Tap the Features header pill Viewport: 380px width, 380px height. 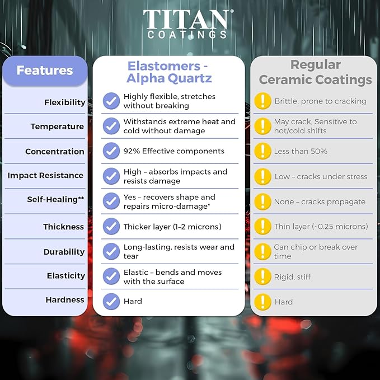click(x=45, y=71)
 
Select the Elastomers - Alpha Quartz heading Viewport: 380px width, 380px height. click(x=169, y=72)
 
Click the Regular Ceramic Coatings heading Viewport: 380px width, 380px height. click(x=315, y=72)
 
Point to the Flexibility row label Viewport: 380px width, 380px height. click(x=65, y=102)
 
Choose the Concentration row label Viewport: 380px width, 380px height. click(x=55, y=152)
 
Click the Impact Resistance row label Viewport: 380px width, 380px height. click(x=45, y=175)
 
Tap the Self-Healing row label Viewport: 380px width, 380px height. click(x=55, y=199)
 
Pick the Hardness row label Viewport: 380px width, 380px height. click(x=65, y=300)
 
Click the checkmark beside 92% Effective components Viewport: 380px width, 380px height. click(x=111, y=151)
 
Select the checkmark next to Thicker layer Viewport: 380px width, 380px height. click(x=111, y=226)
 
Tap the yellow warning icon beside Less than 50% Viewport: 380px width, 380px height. click(x=262, y=151)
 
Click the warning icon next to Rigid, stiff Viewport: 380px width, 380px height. click(x=262, y=276)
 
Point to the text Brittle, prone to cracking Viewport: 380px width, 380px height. click(x=320, y=101)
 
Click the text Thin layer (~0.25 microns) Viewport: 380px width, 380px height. click(x=321, y=227)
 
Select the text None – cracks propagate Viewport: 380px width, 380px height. click(x=320, y=201)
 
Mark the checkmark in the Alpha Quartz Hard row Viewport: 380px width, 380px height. click(x=111, y=302)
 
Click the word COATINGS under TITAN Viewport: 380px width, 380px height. click(x=187, y=35)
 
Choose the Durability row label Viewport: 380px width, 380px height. click(x=64, y=252)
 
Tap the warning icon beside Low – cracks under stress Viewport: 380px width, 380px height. click(x=262, y=176)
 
